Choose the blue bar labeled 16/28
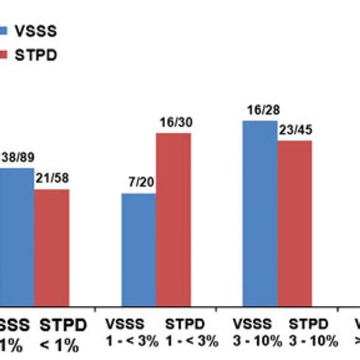260,208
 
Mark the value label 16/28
260,111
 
